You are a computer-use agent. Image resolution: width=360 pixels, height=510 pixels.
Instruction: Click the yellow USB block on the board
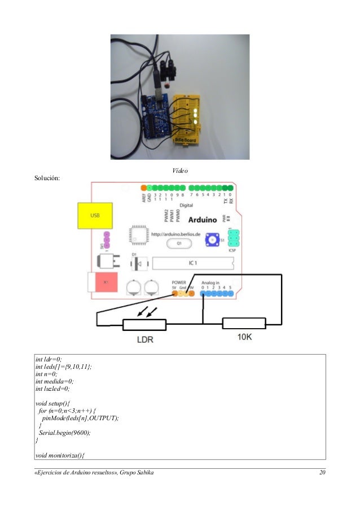tap(94, 216)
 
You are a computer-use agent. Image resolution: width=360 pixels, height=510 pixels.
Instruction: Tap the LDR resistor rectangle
tap(144, 324)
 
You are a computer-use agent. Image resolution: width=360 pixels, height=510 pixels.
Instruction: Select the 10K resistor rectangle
tap(244, 324)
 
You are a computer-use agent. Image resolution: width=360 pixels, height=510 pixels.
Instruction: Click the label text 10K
tap(244, 337)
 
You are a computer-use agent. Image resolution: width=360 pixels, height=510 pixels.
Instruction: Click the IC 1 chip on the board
tap(192, 263)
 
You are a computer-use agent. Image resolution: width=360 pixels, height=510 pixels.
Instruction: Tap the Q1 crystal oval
tap(179, 243)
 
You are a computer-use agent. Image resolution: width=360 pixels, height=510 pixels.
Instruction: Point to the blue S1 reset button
tap(212, 239)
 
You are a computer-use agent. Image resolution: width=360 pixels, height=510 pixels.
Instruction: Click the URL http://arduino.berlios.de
tap(175, 232)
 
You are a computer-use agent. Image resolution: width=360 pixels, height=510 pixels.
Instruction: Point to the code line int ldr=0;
tap(49, 359)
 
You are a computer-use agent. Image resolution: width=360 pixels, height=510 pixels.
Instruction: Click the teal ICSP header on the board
tap(234, 238)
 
